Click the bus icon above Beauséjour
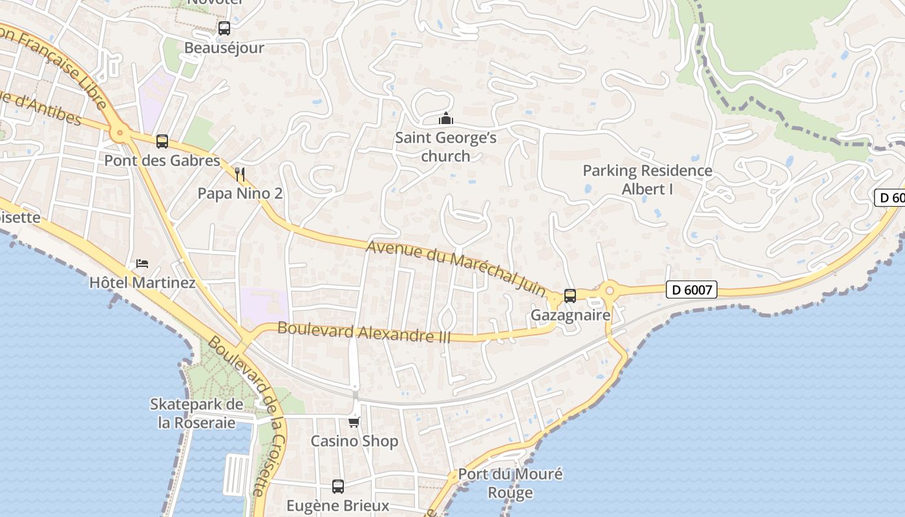224,28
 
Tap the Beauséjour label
224,48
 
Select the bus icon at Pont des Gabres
162,142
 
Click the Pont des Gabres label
162,161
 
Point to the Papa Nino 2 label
240,193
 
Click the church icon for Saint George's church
446,119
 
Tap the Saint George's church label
446,147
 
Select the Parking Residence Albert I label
647,180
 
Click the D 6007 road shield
692,290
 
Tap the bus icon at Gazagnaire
570,296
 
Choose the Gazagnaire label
570,315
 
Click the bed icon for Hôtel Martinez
142,264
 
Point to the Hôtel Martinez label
142,283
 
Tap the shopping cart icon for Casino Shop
354,422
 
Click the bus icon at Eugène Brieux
338,486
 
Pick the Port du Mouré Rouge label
510,483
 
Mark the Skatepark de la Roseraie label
197,414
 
